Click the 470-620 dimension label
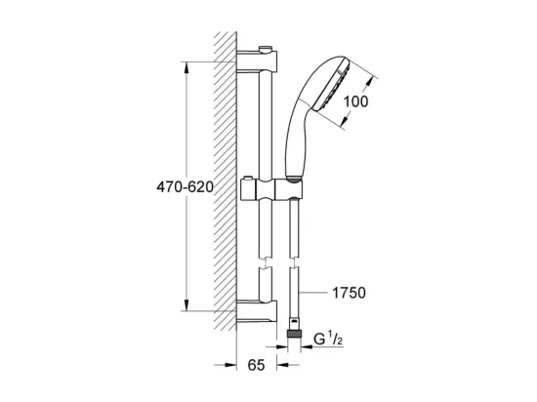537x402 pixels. pyautogui.click(x=185, y=186)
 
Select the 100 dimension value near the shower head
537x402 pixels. pyautogui.click(x=355, y=101)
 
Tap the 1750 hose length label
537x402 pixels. pyautogui.click(x=349, y=293)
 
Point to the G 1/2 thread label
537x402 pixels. pyautogui.click(x=328, y=339)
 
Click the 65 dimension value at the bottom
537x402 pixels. pyautogui.click(x=256, y=365)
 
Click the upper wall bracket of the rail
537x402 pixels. pyautogui.click(x=257, y=61)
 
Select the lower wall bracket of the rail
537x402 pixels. pyautogui.click(x=257, y=311)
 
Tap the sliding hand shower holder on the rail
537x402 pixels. pyautogui.click(x=271, y=190)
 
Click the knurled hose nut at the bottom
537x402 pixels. pyautogui.click(x=294, y=335)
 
